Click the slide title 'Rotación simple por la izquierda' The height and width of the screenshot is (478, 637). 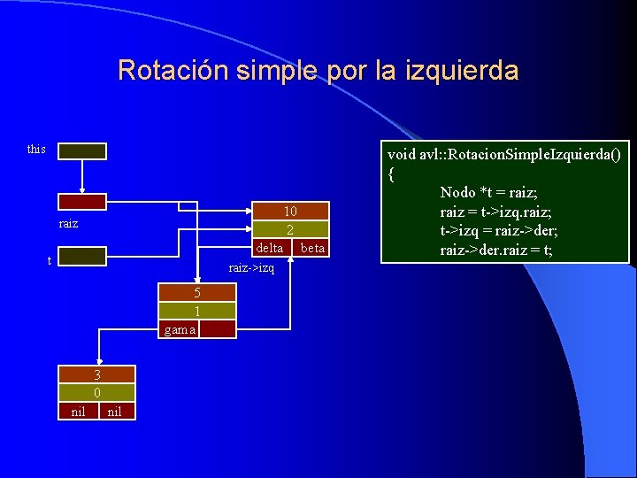(x=318, y=70)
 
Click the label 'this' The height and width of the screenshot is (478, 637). (x=36, y=149)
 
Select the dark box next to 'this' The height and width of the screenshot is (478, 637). (x=82, y=151)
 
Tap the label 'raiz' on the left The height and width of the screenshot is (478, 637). (x=68, y=224)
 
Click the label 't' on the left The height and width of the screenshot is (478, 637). (x=50, y=260)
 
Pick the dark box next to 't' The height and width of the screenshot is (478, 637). (x=82, y=257)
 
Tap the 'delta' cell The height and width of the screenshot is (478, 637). (x=270, y=248)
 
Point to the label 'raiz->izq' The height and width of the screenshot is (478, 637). (x=251, y=267)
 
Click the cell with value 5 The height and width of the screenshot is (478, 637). (x=197, y=293)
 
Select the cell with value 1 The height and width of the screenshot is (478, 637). (x=197, y=311)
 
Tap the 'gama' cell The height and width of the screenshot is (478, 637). (x=179, y=329)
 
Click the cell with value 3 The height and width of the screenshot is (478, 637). (x=96, y=374)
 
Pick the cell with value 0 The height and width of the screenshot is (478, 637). (x=96, y=392)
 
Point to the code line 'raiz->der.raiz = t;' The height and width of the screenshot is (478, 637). (x=495, y=251)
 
